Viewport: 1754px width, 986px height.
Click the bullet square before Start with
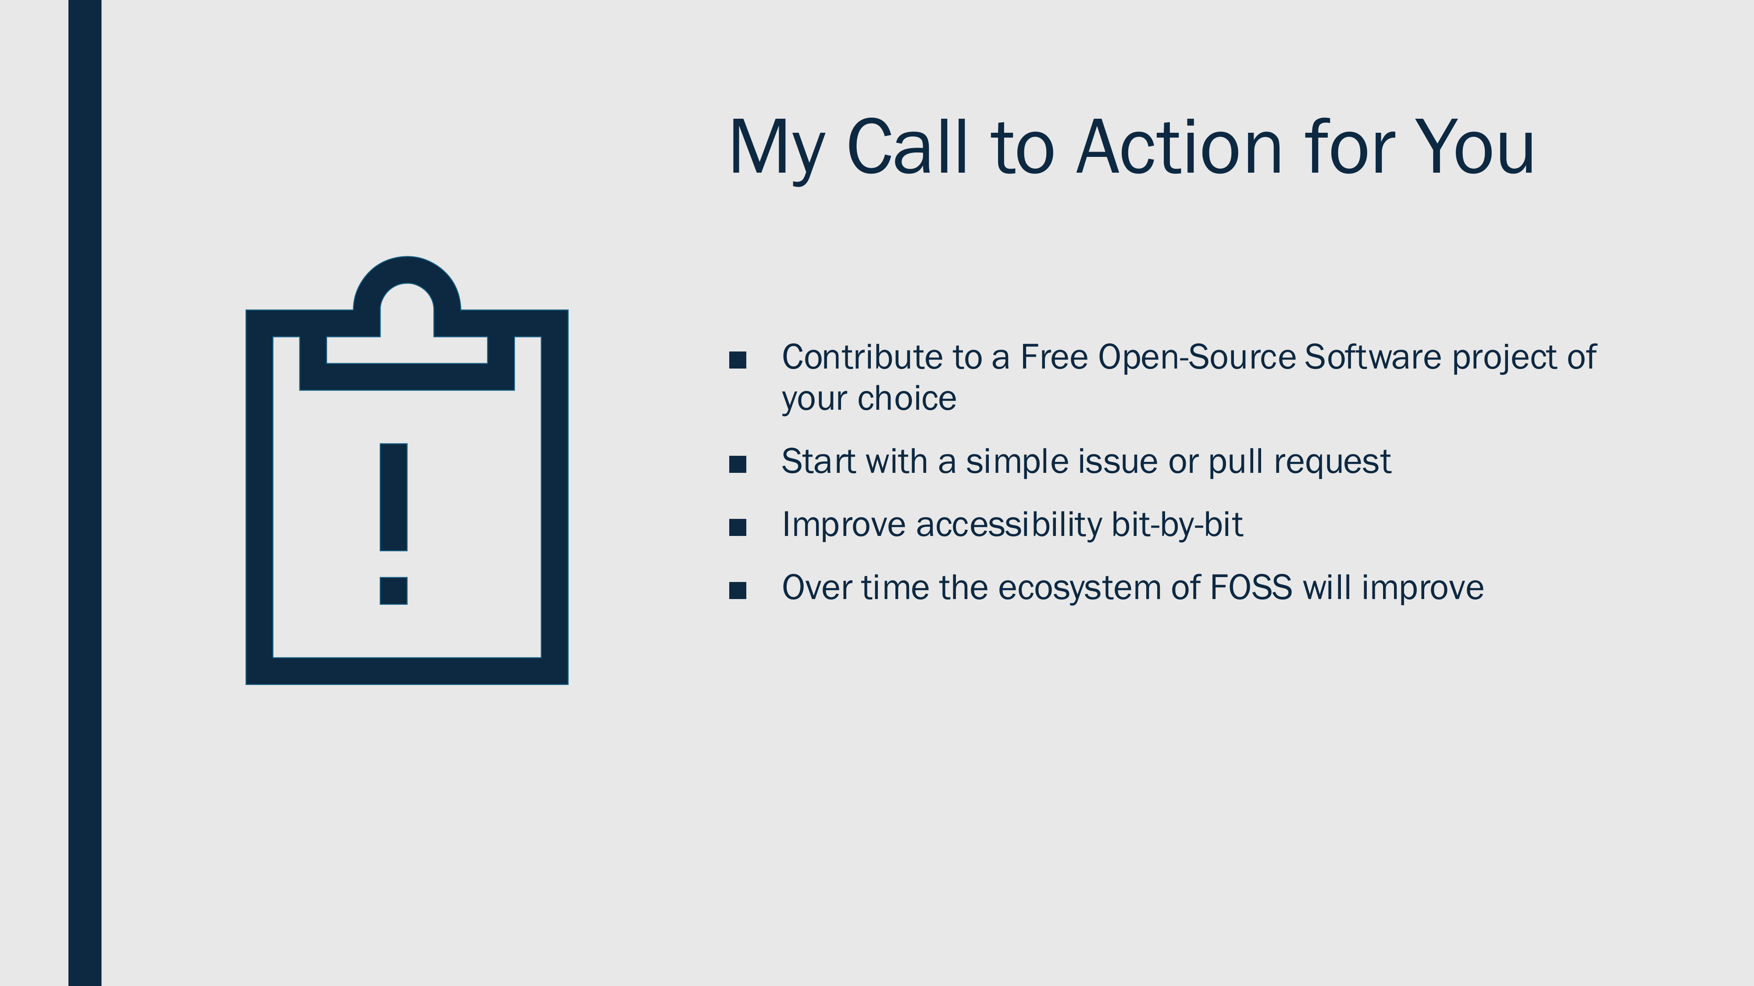click(x=738, y=464)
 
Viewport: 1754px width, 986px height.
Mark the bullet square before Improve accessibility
click(x=738, y=527)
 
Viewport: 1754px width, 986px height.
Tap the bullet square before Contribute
click(x=738, y=360)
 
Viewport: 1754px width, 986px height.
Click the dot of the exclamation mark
click(x=394, y=591)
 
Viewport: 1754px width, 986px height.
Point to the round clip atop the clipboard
click(x=407, y=271)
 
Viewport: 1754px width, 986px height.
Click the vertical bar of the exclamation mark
click(x=394, y=497)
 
